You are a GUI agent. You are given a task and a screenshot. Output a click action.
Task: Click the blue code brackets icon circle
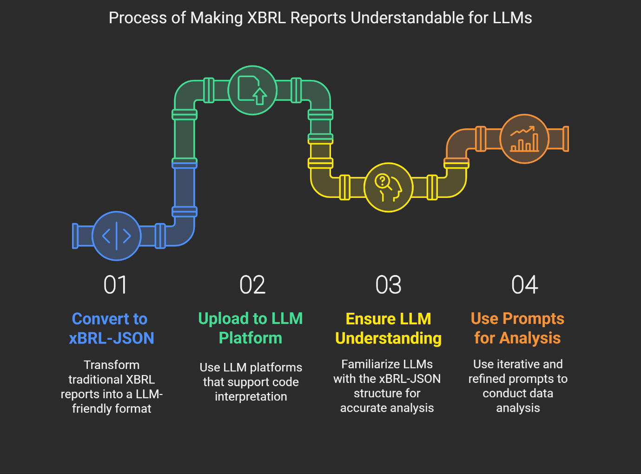pos(117,236)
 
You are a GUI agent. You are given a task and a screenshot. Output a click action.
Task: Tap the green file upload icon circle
pos(252,90)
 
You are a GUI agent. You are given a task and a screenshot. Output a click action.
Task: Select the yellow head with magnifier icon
pos(389,187)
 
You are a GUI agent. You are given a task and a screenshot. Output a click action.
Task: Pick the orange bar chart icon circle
pos(524,139)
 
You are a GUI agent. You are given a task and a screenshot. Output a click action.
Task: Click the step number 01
pos(115,285)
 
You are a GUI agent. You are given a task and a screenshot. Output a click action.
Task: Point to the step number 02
pos(252,285)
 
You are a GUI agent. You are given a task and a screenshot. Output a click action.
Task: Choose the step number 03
pos(389,285)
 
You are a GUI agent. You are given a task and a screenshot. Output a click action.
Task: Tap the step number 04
pos(524,285)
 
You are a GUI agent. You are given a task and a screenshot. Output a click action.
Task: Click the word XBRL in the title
pos(266,18)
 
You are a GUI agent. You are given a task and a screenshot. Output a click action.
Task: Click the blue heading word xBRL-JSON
pos(111,338)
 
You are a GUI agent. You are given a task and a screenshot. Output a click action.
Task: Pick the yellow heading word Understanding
pos(389,338)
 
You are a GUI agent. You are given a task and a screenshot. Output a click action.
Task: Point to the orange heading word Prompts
pos(533,319)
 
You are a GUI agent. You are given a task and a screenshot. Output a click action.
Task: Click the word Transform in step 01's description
pos(112,365)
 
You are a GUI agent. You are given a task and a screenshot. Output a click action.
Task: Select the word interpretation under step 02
pos(251,396)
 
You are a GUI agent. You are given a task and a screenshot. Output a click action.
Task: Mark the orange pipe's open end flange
pos(566,139)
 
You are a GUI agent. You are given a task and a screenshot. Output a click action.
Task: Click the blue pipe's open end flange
pos(75,236)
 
